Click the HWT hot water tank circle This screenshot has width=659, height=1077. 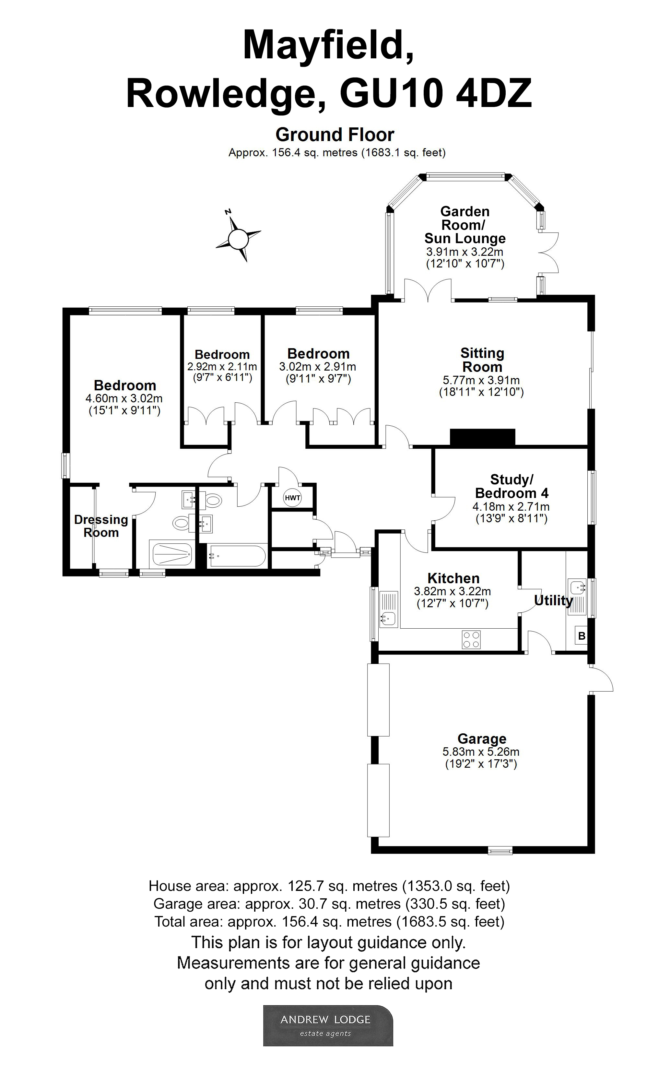(292, 498)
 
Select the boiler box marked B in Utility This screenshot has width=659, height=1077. (581, 636)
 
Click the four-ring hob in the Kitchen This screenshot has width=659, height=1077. (471, 639)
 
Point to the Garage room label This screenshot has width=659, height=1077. (482, 739)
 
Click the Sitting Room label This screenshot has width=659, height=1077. (482, 360)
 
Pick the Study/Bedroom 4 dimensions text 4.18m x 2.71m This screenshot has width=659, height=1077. (511, 507)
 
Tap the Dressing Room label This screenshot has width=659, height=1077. (101, 526)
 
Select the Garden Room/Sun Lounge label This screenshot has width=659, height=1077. (465, 225)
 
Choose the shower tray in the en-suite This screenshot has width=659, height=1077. (172, 555)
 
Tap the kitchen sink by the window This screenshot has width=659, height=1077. (388, 618)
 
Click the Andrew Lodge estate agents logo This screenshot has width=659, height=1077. (328, 1025)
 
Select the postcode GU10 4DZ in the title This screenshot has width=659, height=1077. (435, 94)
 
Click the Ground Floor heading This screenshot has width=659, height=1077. (335, 135)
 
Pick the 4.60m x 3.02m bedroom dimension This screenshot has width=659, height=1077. (124, 398)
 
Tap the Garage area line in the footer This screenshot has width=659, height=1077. (329, 904)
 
